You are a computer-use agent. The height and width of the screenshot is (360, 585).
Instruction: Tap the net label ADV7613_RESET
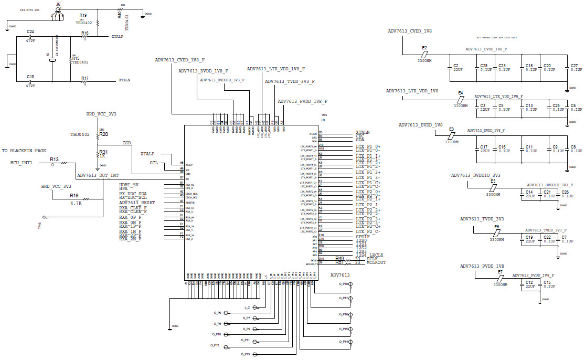[136, 203]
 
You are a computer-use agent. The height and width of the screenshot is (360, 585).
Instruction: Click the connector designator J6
[58, 4]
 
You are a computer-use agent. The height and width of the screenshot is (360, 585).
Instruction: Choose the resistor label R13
[54, 158]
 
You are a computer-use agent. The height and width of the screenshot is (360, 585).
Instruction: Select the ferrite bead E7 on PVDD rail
[500, 278]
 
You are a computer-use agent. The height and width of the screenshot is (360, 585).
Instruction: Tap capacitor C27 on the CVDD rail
[574, 66]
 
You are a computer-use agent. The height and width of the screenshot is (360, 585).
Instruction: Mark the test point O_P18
[350, 284]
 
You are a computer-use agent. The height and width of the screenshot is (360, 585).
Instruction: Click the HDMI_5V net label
[129, 185]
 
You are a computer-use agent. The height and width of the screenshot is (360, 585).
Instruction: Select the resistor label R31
[103, 152]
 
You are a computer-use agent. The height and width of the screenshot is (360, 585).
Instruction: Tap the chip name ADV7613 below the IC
[339, 275]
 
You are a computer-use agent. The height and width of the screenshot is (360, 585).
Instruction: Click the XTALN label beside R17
[124, 80]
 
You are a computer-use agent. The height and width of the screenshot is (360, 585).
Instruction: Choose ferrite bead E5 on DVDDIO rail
[493, 187]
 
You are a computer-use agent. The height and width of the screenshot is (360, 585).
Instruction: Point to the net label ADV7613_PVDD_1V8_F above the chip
[302, 101]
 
